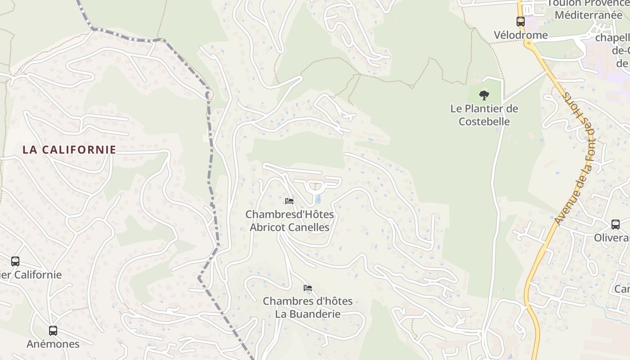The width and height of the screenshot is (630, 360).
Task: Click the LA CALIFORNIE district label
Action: coord(69,150)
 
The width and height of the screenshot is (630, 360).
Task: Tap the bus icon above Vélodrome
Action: coord(521,21)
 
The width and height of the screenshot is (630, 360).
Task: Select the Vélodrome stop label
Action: coord(521,35)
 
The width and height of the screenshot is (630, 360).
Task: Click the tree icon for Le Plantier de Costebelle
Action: coord(484,95)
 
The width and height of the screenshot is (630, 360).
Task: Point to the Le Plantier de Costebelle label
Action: coord(484,115)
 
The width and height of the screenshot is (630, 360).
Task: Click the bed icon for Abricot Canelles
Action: coord(289,201)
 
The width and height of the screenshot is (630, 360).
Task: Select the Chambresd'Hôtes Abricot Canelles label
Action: coord(289,221)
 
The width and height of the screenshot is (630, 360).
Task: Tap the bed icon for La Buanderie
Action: coord(308,288)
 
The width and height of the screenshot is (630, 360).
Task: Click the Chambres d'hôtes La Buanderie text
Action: coord(308,307)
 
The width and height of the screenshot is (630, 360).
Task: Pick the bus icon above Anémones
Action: coord(53,331)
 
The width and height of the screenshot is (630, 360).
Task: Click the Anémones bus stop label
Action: coord(53,344)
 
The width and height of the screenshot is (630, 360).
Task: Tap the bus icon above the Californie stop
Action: coord(15,261)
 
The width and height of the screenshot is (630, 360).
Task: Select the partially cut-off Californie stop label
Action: coord(31,274)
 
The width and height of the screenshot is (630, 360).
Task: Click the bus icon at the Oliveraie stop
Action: coord(615,224)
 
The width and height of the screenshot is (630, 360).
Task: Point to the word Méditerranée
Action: coord(588,15)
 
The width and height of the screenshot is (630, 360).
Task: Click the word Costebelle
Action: coord(484,121)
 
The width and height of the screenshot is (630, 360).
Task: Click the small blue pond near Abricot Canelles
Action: coord(319,199)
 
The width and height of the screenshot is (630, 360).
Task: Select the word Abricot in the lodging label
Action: coord(268,228)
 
